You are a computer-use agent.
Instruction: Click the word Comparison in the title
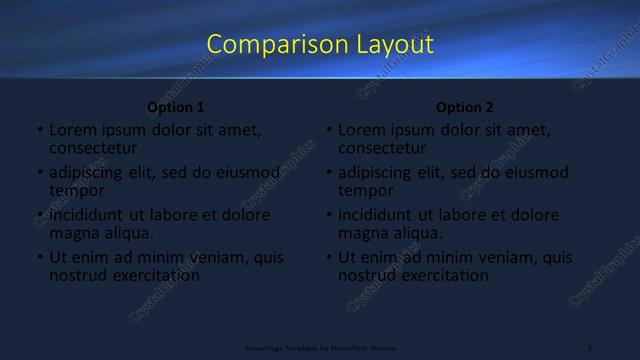(266, 45)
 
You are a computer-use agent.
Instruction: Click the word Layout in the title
(396, 45)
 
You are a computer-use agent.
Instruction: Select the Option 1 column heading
(176, 107)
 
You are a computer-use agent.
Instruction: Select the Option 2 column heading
(465, 107)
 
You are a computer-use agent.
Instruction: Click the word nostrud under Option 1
(78, 275)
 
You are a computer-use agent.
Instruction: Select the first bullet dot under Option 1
(40, 131)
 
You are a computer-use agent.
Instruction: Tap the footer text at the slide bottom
(315, 347)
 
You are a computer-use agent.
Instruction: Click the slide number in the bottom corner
(590, 347)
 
